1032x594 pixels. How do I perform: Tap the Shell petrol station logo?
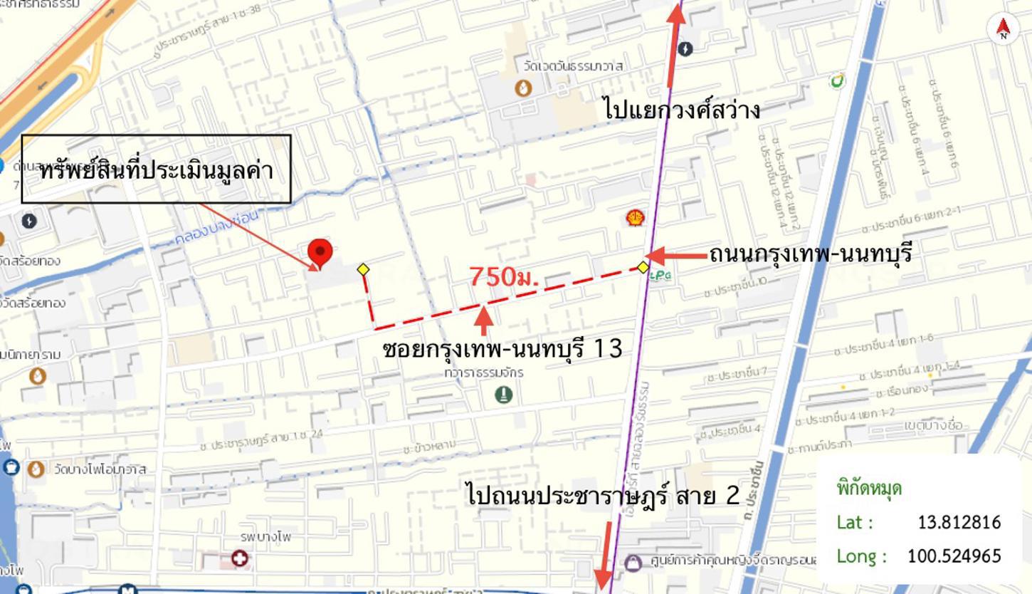tap(636, 218)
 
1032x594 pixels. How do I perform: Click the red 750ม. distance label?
tap(504, 277)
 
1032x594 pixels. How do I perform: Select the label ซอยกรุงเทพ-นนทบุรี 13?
tap(502, 348)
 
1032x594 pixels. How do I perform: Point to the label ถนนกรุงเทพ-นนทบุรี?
tap(810, 254)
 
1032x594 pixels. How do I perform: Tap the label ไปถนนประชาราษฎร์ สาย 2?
tap(604, 495)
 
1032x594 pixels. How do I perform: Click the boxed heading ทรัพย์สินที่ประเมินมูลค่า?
tap(157, 170)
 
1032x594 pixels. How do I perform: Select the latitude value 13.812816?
tap(959, 522)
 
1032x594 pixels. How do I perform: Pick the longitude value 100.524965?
tap(954, 556)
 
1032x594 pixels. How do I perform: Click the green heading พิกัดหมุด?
tap(869, 489)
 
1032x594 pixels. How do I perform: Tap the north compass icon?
tap(1004, 28)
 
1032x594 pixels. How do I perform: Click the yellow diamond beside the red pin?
tap(363, 269)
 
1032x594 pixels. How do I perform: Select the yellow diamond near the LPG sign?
tap(643, 267)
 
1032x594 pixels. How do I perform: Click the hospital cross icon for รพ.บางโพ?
tap(239, 558)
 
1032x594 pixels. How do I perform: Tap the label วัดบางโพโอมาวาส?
tap(100, 469)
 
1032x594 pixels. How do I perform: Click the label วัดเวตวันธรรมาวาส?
tap(573, 66)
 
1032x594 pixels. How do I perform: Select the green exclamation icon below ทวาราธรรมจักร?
tap(503, 394)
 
